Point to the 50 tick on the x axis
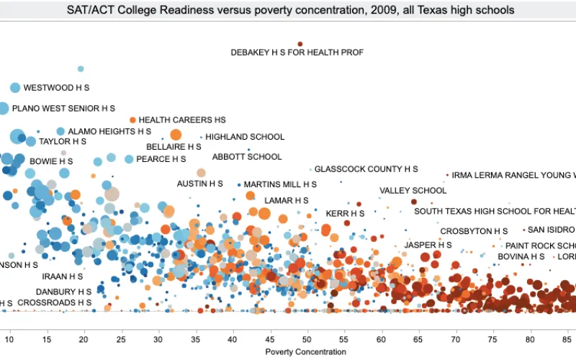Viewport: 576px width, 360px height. coord(307,338)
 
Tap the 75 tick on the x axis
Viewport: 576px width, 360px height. coord(493,338)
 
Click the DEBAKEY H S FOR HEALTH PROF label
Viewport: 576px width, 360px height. coord(297,53)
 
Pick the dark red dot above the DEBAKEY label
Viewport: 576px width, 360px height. coord(300,44)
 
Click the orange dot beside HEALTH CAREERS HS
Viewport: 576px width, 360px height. coord(132,120)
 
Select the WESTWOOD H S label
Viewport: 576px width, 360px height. coord(56,88)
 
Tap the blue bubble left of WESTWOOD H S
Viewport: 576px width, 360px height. coord(15,88)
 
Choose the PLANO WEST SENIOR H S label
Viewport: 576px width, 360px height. coord(63,108)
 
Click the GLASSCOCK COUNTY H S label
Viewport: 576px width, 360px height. coord(366,169)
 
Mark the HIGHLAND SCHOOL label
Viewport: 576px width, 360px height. coord(245,137)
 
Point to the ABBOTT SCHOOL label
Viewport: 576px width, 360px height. coord(247,157)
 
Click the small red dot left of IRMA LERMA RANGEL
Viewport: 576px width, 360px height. coord(447,174)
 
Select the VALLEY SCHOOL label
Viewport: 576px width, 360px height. coord(413,191)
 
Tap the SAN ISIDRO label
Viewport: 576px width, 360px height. coord(552,230)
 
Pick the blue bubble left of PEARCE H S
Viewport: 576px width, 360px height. coord(129,159)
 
